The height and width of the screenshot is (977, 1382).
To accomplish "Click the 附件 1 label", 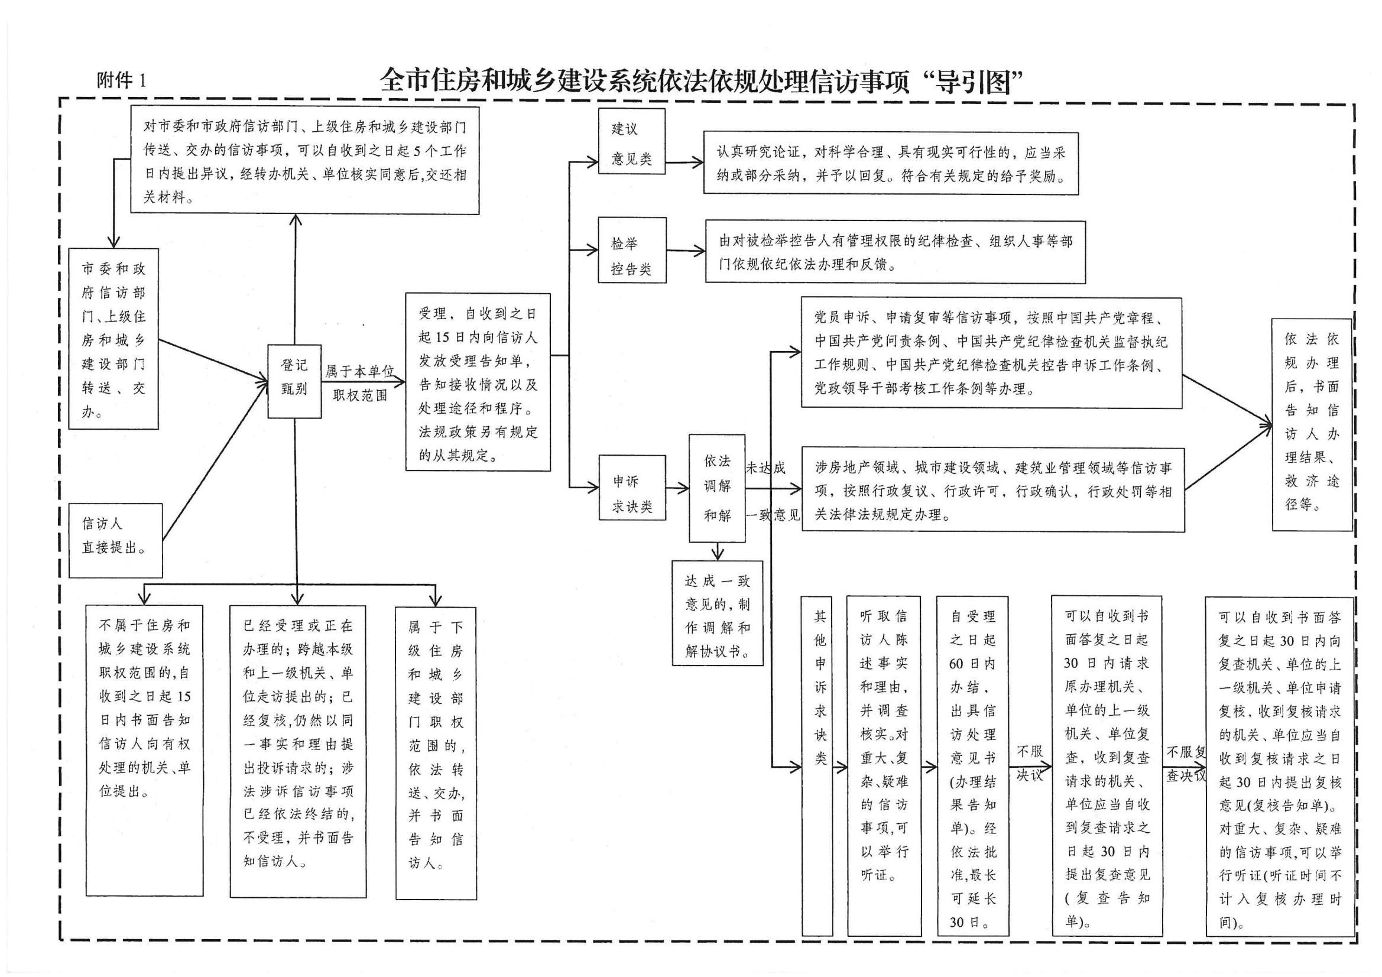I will (121, 80).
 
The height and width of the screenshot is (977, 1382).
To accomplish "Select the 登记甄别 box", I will (294, 381).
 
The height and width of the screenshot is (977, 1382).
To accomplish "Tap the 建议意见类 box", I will (631, 142).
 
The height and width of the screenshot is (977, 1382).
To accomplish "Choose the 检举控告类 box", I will (631, 251).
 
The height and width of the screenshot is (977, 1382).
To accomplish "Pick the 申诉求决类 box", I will (631, 487).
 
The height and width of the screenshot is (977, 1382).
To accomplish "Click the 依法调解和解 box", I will (717, 488).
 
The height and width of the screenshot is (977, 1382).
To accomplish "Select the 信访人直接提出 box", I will (115, 540).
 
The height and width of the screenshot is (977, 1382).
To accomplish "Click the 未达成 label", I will (765, 468).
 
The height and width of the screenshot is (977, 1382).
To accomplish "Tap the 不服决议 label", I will (1029, 763).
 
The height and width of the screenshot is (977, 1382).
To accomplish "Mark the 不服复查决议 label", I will (1186, 763).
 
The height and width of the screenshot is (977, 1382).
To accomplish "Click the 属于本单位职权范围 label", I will (360, 384).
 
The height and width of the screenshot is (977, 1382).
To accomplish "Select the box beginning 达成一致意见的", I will (717, 613).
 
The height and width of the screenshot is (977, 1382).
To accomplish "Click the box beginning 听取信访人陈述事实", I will (883, 765).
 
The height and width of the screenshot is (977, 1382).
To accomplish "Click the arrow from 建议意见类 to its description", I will (684, 162).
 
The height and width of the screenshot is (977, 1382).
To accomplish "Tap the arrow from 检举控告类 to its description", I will (686, 251).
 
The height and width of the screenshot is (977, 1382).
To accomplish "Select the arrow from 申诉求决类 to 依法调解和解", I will (677, 488).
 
